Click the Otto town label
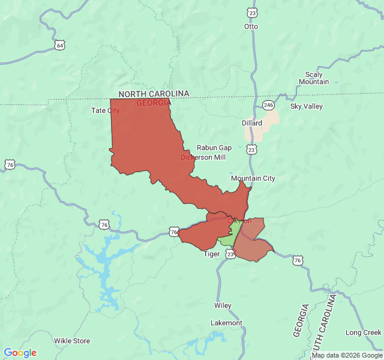251,26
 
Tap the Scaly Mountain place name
314,78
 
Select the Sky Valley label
306,106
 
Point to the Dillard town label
252,122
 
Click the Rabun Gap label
214,148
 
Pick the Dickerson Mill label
203,157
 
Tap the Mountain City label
253,178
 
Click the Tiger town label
212,254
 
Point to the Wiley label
223,305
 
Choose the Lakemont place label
226,323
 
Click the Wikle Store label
72,341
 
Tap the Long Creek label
363,332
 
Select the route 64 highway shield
59,45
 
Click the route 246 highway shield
268,106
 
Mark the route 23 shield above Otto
252,13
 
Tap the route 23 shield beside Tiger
231,254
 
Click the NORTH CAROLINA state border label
154,94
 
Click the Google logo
20,353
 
